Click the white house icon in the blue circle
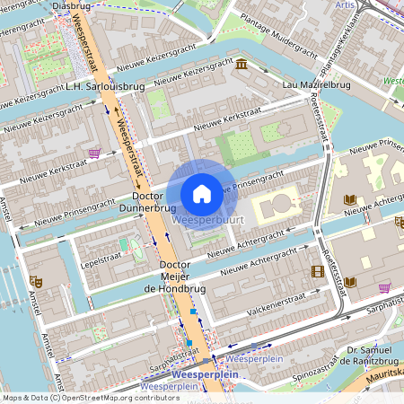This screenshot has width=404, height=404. pos(202,193)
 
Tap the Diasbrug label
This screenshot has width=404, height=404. pos(72,5)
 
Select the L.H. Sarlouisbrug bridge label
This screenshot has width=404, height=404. pos(105,87)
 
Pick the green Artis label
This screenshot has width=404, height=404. pos(344,5)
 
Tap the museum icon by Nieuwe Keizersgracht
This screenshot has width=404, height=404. pos(242,65)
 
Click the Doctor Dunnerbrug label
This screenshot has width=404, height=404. pos(154,201)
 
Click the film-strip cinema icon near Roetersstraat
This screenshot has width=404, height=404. pos(317,270)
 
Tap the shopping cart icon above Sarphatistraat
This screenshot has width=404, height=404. pos(384,287)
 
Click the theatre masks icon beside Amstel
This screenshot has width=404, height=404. pos(37,282)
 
